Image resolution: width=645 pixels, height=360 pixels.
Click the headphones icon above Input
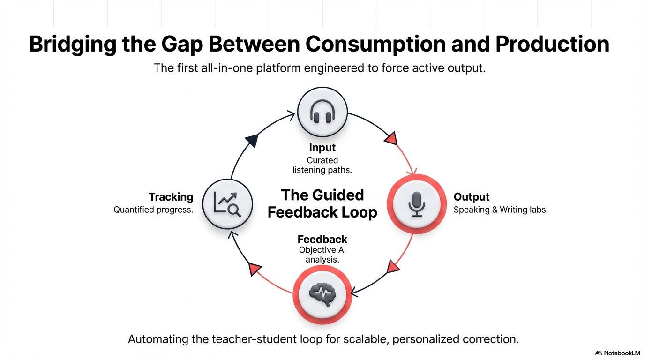tap(322, 112)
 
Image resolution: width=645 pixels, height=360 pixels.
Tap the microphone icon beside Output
tap(416, 204)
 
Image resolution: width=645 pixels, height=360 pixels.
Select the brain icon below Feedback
tap(322, 294)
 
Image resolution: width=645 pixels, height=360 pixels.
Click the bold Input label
tap(322, 148)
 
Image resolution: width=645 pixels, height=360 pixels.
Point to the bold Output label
tap(472, 197)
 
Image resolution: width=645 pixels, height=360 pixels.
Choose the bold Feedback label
tap(322, 240)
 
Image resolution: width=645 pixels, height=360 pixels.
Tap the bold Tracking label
tap(171, 197)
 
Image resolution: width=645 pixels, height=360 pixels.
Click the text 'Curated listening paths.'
tap(322, 165)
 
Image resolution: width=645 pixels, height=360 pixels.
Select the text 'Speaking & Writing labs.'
tap(501, 210)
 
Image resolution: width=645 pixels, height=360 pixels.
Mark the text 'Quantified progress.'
tap(153, 210)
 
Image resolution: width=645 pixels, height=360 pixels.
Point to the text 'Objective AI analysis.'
tap(322, 255)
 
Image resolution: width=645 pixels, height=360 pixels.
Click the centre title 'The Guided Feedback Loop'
tap(322, 203)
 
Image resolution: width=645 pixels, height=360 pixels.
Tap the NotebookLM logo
tap(617, 353)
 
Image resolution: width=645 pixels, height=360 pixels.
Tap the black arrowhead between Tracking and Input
tap(252, 140)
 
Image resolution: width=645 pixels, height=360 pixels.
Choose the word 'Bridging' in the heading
tap(72, 44)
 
